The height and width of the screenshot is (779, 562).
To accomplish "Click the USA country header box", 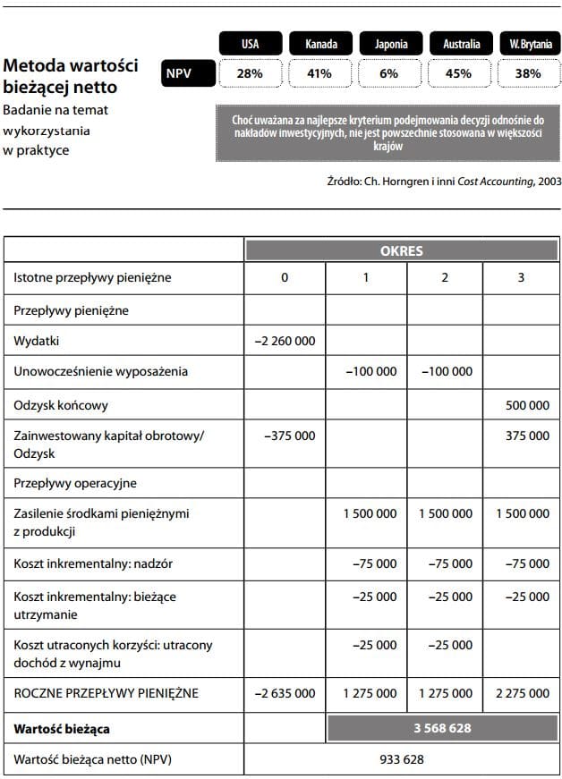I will [x=250, y=43].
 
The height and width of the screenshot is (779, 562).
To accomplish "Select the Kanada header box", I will [x=319, y=43].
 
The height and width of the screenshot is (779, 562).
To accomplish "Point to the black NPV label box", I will [x=188, y=73].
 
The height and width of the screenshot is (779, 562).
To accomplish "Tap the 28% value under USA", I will [x=250, y=73].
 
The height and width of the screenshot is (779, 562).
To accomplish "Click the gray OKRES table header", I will [x=402, y=251].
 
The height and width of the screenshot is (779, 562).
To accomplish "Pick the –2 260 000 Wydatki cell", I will [x=285, y=341].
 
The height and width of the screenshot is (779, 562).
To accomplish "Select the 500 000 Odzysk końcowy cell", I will [x=526, y=405].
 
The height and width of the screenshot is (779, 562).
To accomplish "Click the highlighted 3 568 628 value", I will [x=442, y=728].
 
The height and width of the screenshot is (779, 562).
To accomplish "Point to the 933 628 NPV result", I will [x=401, y=760].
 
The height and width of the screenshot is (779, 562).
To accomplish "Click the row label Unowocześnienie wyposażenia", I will [x=101, y=371].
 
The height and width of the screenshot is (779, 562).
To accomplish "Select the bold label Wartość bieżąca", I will [x=62, y=728].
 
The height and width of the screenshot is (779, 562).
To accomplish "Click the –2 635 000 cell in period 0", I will [x=285, y=693].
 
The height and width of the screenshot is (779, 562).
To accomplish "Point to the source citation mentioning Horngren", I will [x=444, y=181].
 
